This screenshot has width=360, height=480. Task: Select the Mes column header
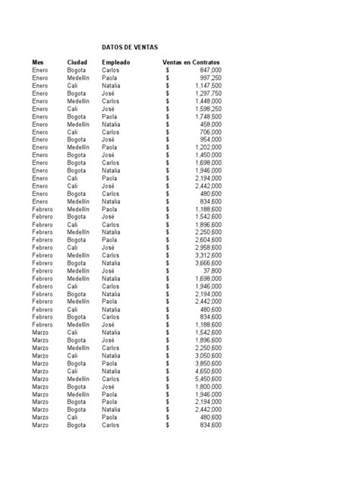click(x=39, y=62)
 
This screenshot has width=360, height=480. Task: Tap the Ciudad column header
click(x=77, y=62)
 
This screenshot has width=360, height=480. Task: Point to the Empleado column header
click(x=116, y=62)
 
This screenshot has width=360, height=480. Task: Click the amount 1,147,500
click(x=207, y=86)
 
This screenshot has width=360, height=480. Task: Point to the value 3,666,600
click(x=207, y=263)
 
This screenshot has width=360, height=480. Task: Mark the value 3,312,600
click(x=207, y=255)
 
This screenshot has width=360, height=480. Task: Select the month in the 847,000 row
click(x=40, y=70)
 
